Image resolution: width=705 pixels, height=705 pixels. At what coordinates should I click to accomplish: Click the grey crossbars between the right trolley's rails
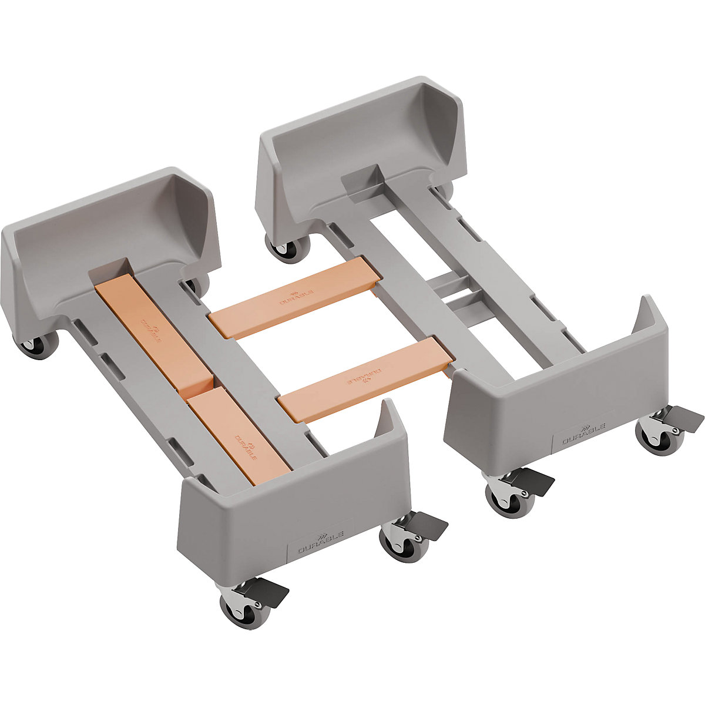455,291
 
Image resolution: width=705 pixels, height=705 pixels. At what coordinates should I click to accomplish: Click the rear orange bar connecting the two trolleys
294,298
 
